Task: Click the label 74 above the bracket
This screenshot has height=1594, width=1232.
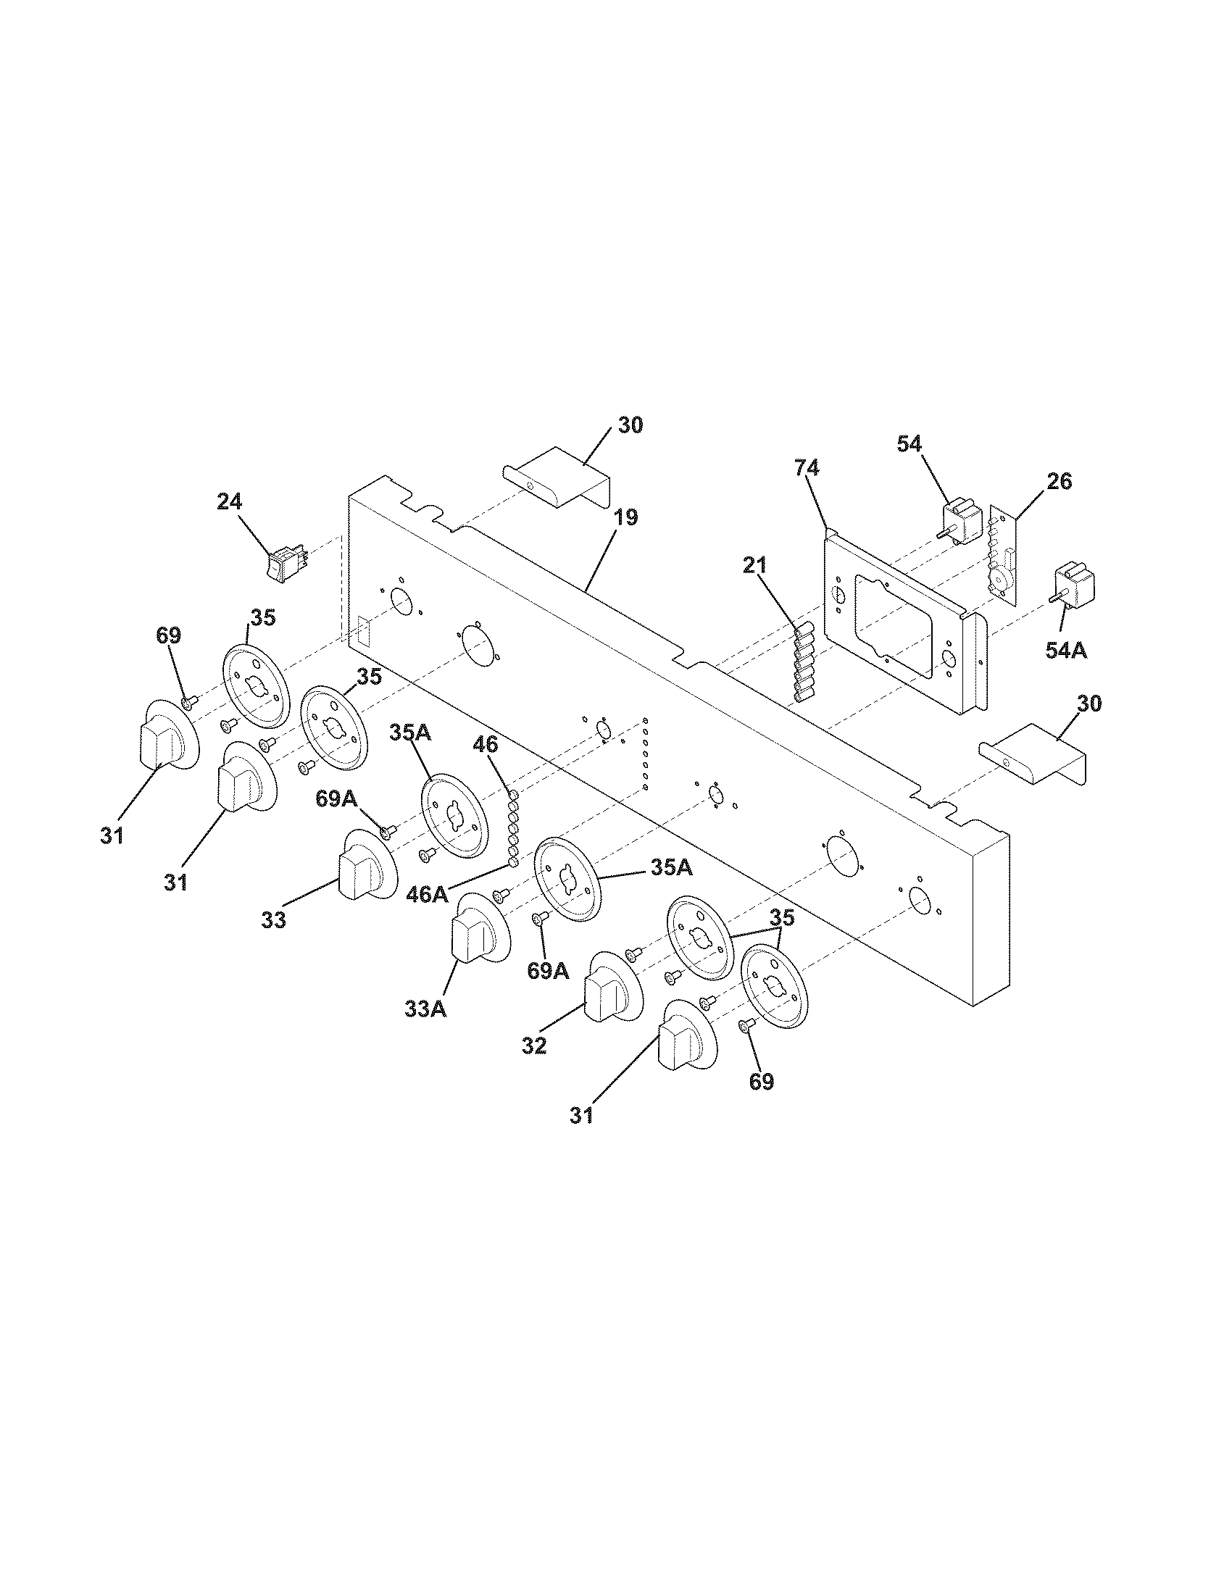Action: [x=807, y=469]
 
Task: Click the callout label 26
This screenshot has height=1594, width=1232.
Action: [x=1059, y=482]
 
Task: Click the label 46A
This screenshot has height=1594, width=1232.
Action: [x=428, y=893]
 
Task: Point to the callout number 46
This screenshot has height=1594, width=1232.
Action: [x=486, y=744]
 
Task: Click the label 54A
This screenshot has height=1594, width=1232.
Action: [x=1065, y=650]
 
